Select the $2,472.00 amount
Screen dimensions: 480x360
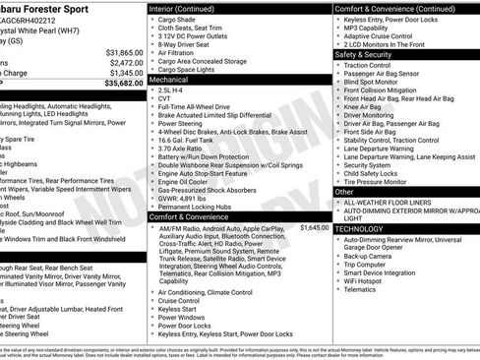click(x=126, y=62)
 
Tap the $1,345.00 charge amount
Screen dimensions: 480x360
click(x=126, y=73)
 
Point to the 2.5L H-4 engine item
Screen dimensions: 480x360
click(x=175, y=90)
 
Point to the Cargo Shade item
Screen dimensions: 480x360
click(x=178, y=19)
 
